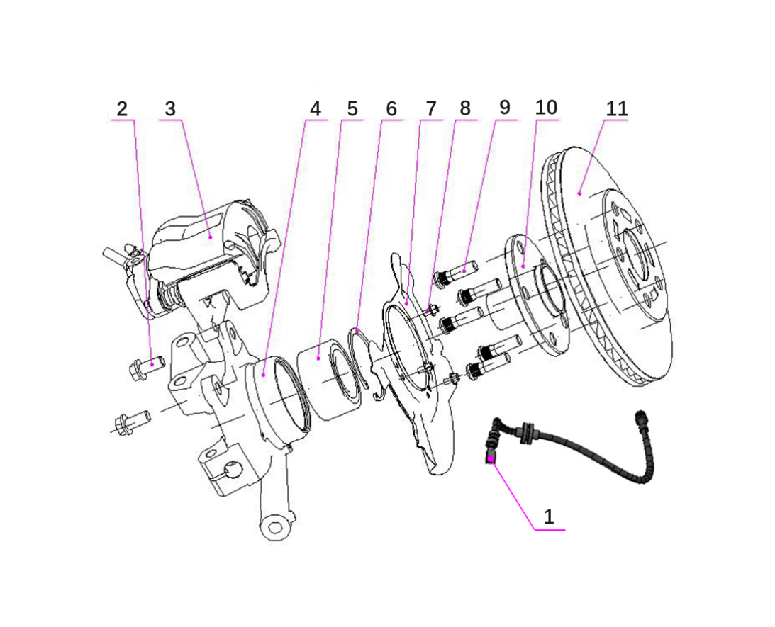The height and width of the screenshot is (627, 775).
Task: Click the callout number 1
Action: point(548,516)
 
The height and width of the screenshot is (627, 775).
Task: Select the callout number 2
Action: point(122,109)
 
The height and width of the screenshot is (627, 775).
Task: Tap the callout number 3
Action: point(169,109)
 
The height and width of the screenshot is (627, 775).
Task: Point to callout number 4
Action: point(315,109)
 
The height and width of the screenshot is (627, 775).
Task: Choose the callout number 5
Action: point(352,109)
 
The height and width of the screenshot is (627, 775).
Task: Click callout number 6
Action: point(391,109)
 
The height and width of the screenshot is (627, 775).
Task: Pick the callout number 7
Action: point(430,109)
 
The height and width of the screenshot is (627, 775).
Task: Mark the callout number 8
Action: point(465,109)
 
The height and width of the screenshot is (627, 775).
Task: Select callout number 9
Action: point(504,108)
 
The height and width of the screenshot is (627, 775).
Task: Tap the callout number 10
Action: point(546,108)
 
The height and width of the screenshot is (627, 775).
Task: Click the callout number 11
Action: point(617,109)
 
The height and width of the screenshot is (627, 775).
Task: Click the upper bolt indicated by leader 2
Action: point(147,366)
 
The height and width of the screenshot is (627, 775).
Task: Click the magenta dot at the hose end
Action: point(491,459)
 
